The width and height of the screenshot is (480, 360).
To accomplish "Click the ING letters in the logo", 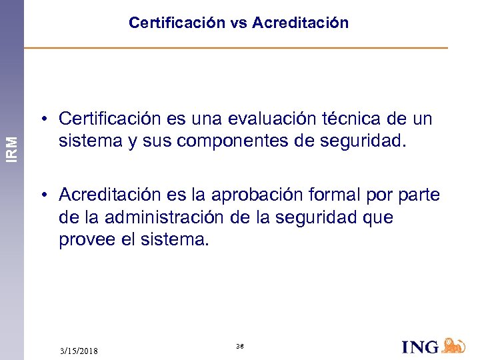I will (x=421, y=347).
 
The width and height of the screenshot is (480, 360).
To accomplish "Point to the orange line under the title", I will (x=235, y=48).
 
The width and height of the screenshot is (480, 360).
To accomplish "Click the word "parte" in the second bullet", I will (x=420, y=195).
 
